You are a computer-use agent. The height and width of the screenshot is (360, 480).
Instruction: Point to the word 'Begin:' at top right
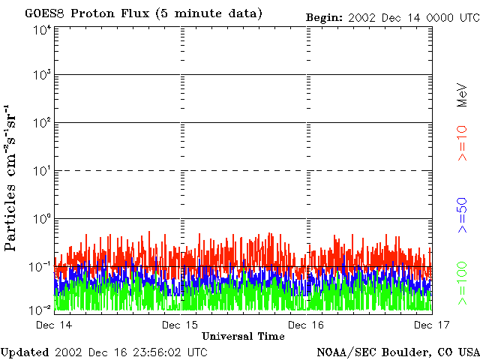[x=325, y=16]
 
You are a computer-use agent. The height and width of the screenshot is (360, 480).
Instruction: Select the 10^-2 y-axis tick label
[x=41, y=308]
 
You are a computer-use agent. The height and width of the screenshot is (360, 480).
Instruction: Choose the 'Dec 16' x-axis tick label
[x=306, y=325]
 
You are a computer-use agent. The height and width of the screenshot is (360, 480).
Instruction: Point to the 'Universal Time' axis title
[x=243, y=336]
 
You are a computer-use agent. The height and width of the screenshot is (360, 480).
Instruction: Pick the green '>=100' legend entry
[x=463, y=282]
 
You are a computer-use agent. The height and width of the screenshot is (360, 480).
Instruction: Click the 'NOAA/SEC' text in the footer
[x=343, y=352]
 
